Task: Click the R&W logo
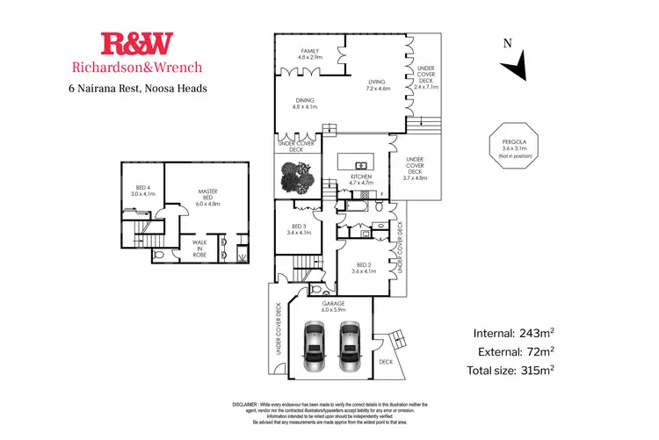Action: pyautogui.click(x=137, y=43)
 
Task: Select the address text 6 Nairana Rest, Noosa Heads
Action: pyautogui.click(x=138, y=88)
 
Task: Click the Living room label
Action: pyautogui.click(x=383, y=85)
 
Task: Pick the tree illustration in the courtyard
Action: pyautogui.click(x=296, y=177)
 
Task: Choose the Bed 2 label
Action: pyautogui.click(x=364, y=268)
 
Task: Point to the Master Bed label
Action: pyautogui.click(x=207, y=198)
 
